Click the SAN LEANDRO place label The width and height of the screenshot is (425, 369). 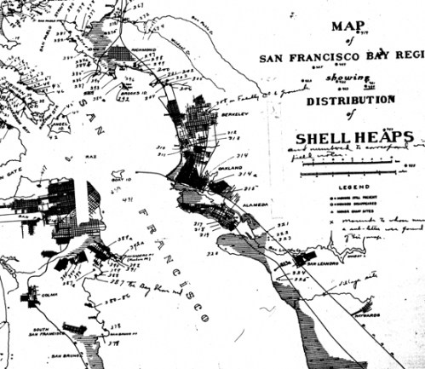pos(322,263)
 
